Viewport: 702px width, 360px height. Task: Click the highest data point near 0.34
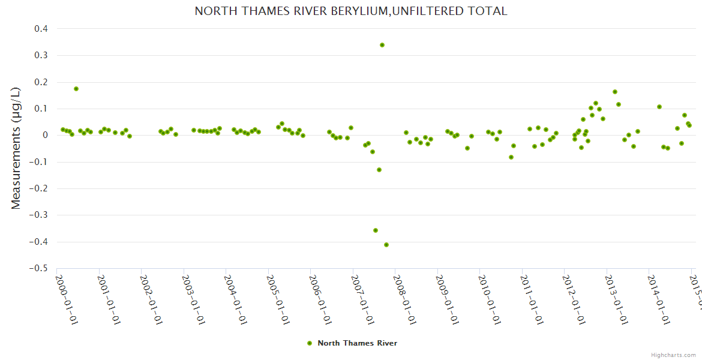click(x=382, y=45)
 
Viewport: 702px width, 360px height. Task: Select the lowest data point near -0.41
click(x=386, y=245)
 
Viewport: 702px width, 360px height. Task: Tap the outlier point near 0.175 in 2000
click(x=76, y=89)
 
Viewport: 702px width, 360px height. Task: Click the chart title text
click(x=350, y=11)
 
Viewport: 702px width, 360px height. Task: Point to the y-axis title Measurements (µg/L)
click(x=16, y=148)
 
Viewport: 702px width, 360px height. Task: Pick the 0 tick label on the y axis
click(x=44, y=135)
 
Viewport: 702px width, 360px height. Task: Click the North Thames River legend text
click(x=357, y=343)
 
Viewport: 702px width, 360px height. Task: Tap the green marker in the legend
click(x=310, y=343)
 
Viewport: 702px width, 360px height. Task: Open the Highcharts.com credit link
click(x=673, y=355)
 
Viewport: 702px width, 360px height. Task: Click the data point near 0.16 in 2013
click(x=615, y=92)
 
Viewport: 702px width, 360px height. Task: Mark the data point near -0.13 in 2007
click(x=379, y=170)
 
